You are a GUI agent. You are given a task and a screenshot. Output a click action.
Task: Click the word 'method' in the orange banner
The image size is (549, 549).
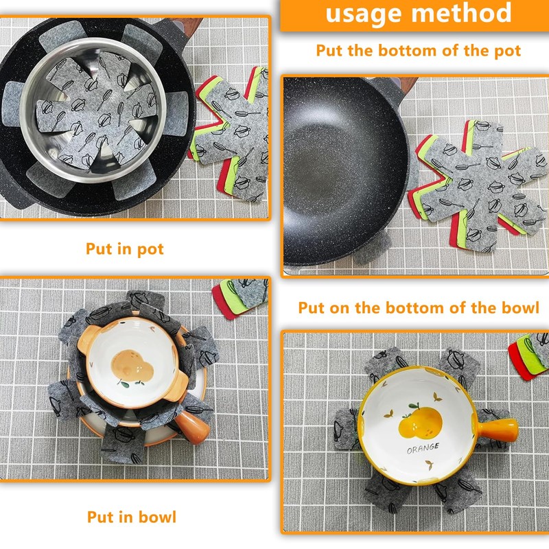[460, 14]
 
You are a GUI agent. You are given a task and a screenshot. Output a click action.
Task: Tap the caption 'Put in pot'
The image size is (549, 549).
[125, 248]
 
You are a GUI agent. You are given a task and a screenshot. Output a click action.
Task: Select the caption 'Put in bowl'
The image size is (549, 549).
[131, 517]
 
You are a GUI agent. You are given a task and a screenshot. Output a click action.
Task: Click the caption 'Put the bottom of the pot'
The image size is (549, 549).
[418, 50]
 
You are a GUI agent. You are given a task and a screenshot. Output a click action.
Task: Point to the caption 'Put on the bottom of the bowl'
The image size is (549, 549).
[419, 307]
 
